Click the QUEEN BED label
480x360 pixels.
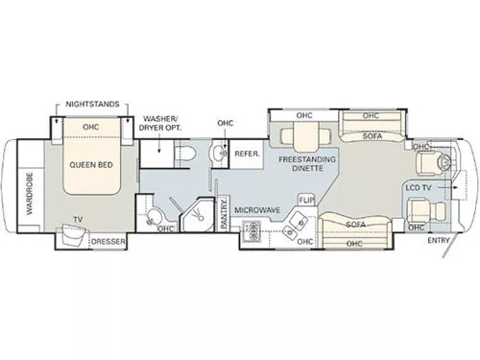click(91, 165)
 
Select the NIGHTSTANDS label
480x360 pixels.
click(92, 104)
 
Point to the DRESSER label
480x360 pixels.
click(108, 241)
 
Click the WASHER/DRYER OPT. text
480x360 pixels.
click(160, 123)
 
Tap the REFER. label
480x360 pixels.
click(248, 154)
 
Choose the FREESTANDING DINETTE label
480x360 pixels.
click(307, 163)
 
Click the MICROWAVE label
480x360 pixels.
click(257, 210)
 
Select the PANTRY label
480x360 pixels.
click(224, 212)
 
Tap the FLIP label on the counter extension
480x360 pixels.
click(306, 201)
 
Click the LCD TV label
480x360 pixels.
click(419, 188)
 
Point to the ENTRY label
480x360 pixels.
click(439, 240)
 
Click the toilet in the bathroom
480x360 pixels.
click(185, 154)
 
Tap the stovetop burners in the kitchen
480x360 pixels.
click(252, 231)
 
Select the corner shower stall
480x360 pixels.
click(197, 215)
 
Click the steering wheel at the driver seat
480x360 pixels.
click(446, 162)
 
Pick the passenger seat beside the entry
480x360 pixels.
click(425, 210)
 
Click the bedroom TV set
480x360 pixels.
click(72, 235)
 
